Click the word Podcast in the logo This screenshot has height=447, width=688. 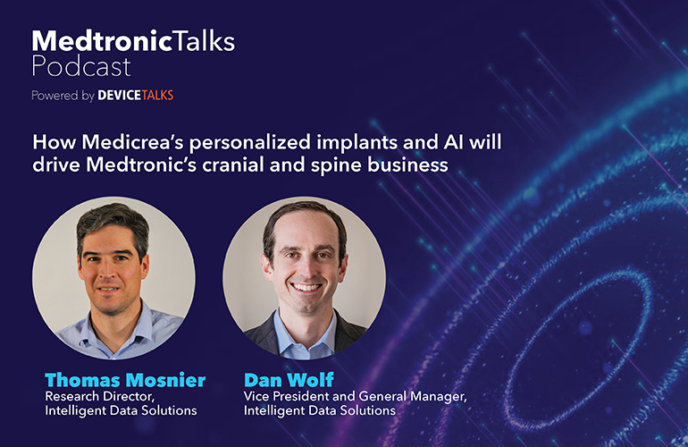(x=81, y=66)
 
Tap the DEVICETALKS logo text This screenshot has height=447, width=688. (x=136, y=96)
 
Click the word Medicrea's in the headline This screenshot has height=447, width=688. (x=133, y=142)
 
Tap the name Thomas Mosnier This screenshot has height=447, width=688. (x=125, y=380)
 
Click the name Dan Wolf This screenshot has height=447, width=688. (x=289, y=380)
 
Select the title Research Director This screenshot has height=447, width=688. (x=99, y=397)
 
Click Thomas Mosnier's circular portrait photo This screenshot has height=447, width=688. (x=113, y=278)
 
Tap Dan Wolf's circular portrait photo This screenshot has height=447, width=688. (x=305, y=278)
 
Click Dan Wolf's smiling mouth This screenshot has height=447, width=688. (x=306, y=287)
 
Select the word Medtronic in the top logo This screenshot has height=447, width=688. (x=102, y=41)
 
